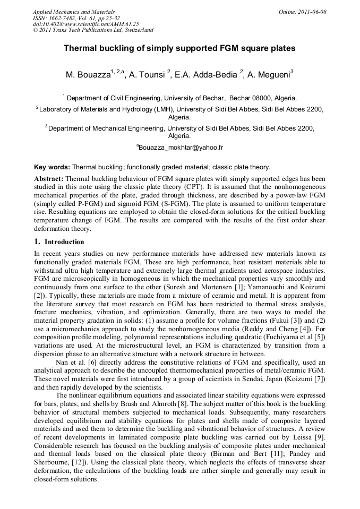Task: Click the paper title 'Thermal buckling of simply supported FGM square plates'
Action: (x=179, y=48)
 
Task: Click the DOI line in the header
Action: (x=85, y=24)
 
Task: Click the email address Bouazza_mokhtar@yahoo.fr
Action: (x=181, y=147)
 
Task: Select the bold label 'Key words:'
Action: (x=52, y=167)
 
